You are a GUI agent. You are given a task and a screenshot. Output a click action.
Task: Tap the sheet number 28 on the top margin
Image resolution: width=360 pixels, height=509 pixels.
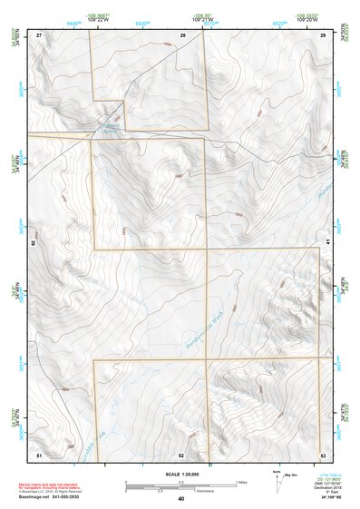point(182,34)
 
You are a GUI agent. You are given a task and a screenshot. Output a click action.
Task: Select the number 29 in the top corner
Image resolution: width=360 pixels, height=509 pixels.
point(323,34)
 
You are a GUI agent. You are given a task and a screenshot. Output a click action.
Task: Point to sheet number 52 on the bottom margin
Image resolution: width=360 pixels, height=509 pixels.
point(182,455)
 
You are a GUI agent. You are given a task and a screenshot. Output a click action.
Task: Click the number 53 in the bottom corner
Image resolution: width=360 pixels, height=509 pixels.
point(323,455)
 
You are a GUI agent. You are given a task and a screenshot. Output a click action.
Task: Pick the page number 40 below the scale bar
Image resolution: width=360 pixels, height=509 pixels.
point(180,499)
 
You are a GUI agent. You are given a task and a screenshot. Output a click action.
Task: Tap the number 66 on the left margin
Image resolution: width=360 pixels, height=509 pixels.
point(34,243)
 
